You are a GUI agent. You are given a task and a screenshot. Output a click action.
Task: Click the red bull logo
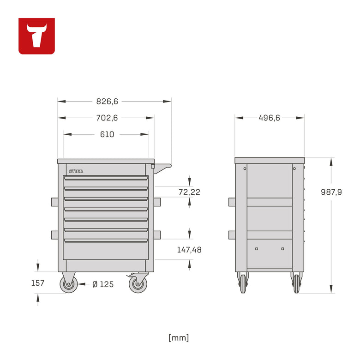click(x=36, y=36)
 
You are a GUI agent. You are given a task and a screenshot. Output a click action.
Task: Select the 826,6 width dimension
click(x=107, y=101)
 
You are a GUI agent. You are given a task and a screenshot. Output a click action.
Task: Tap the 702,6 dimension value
click(x=107, y=118)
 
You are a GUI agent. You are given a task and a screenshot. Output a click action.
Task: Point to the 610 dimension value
click(x=107, y=134)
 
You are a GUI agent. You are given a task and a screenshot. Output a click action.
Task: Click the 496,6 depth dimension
click(x=269, y=118)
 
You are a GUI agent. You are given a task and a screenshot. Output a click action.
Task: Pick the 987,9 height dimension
click(x=331, y=192)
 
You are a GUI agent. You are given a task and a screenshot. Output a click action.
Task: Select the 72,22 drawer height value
click(x=189, y=192)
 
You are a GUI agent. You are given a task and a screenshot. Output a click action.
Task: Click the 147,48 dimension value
click(x=189, y=250)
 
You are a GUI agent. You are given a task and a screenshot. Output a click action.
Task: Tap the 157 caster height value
click(x=38, y=283)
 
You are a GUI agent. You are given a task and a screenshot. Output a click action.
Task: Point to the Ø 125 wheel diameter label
click(x=103, y=284)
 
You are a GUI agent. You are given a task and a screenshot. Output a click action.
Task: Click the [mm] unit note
click(x=179, y=337)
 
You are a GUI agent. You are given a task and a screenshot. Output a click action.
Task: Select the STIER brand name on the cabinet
click(x=76, y=171)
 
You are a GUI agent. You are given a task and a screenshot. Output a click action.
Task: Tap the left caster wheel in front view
click(x=69, y=284)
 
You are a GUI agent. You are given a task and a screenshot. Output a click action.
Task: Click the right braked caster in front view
click(x=137, y=284)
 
